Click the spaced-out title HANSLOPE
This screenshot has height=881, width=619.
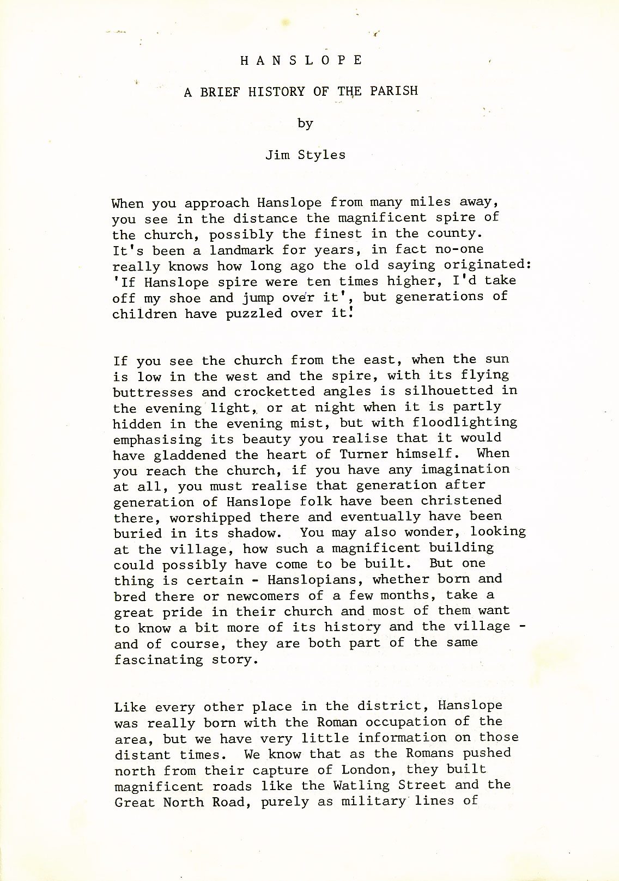(301, 60)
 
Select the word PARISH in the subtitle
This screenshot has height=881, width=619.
(394, 90)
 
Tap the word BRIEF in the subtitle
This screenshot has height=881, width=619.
(220, 91)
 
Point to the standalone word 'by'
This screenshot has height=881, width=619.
(305, 123)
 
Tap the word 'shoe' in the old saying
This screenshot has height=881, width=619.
(185, 298)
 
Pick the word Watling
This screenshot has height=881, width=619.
(362, 785)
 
